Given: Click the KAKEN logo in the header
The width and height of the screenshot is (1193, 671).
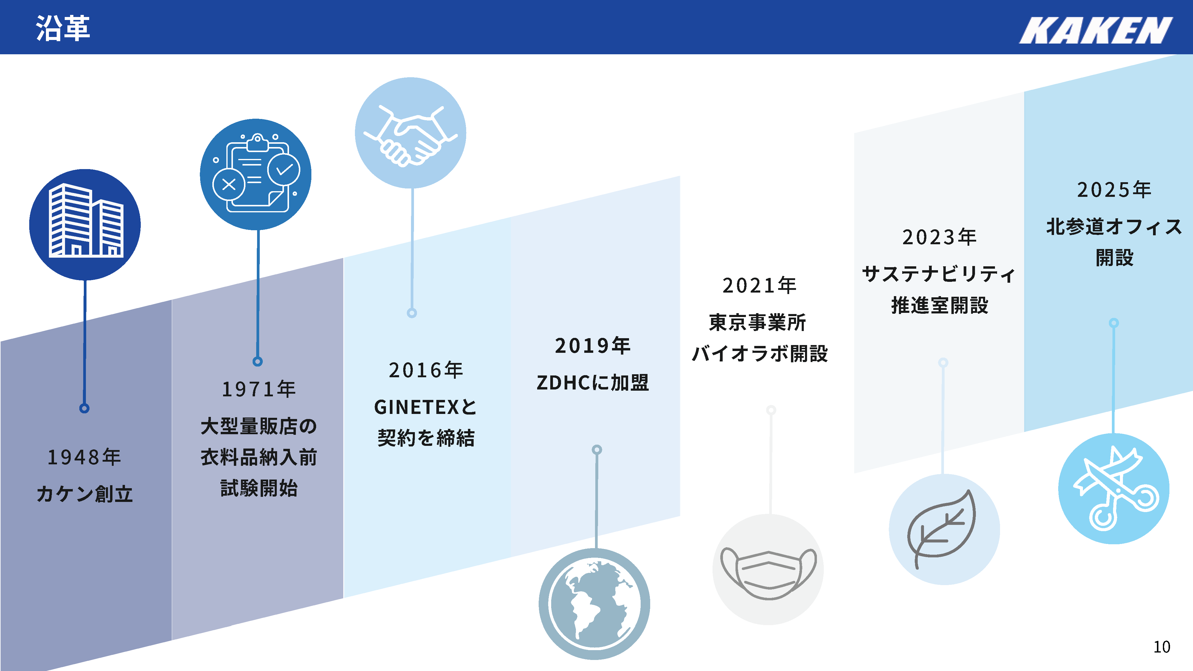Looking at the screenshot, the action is [x=1096, y=30].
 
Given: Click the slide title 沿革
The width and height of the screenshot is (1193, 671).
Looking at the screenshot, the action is [x=63, y=28].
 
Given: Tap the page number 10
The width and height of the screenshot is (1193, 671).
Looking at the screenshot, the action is [x=1161, y=647].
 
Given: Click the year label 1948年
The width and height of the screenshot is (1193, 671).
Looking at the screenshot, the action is [x=84, y=457].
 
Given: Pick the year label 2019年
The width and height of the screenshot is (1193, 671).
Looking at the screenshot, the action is [x=593, y=345].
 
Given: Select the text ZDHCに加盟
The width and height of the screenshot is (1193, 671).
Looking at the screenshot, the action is [x=593, y=383].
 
